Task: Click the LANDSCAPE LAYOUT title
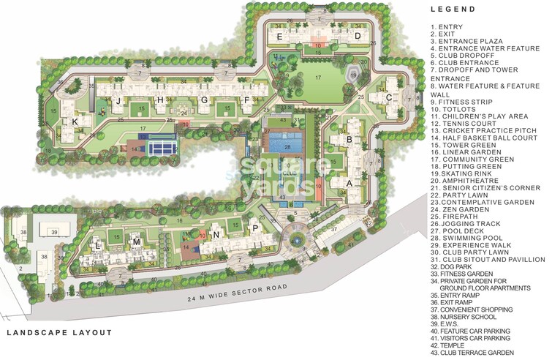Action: pos(59,333)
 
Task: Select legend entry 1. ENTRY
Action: pos(445,26)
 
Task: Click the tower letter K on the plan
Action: pos(75,121)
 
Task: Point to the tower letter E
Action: pos(279,35)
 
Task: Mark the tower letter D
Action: pos(358,35)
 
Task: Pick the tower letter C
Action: pos(389,97)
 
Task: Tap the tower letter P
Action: pos(254,228)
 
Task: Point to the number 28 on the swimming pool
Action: pos(288,148)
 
